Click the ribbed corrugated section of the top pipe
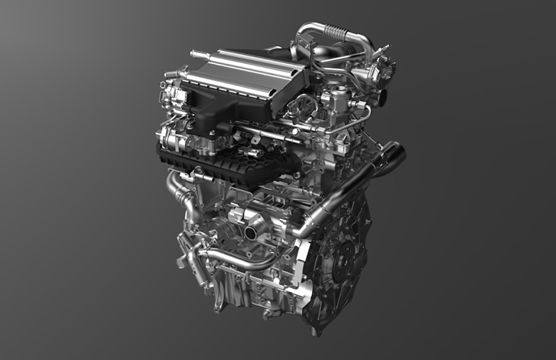336,32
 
